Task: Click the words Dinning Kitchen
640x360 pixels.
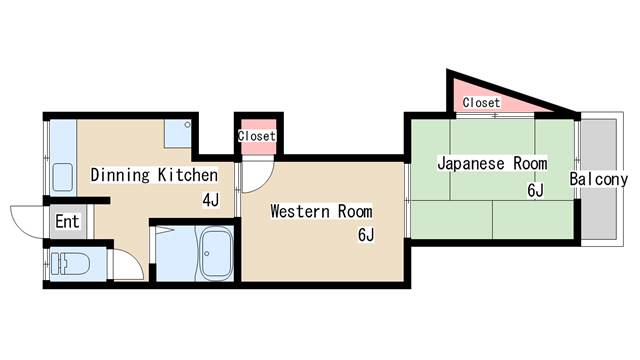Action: pos(154,176)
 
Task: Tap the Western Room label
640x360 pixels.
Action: pos(321,211)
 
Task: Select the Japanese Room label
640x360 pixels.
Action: pos(493,162)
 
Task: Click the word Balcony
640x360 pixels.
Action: pos(598,180)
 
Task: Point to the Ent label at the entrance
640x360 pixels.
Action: pos(67,221)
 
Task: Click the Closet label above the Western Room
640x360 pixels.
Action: pos(257,136)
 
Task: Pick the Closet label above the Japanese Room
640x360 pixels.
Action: pos(481,103)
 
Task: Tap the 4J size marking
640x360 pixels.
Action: pos(210,200)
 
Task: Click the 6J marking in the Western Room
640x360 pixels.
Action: pos(366,236)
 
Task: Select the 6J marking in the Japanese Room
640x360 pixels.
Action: pos(535,189)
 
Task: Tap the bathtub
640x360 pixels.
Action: pos(216,254)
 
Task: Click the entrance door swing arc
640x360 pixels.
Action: pos(27,218)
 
